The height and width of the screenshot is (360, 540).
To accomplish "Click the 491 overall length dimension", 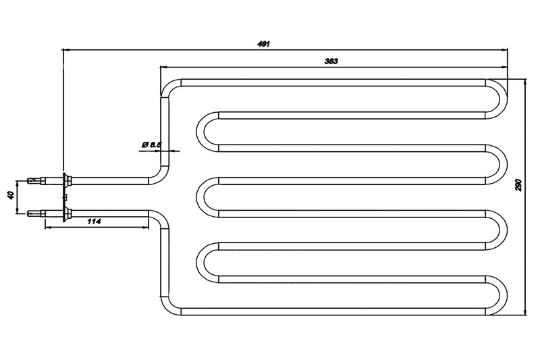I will tap(264, 44).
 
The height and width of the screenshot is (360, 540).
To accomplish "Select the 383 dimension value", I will tap(331, 61).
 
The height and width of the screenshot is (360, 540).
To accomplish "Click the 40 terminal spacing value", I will tap(9, 197).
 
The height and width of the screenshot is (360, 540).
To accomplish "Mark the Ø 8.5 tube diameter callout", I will tap(150, 144).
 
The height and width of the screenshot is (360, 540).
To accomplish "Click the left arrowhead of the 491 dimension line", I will tap(65, 49).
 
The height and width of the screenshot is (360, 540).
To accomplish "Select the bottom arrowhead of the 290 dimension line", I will tap(524, 313).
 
